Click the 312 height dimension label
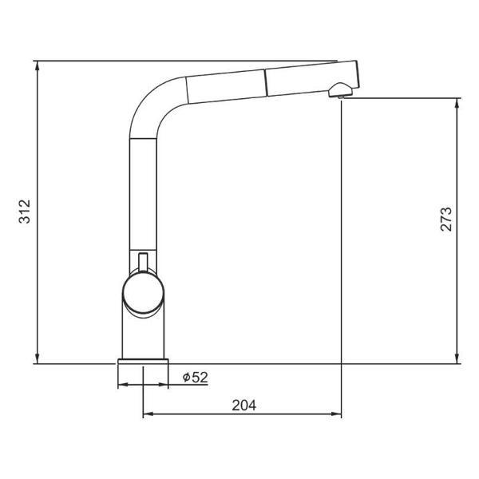(x=25, y=212)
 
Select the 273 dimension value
(x=445, y=219)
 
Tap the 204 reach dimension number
(x=243, y=406)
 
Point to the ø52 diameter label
(x=196, y=378)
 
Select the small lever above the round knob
(x=143, y=262)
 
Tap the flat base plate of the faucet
(x=143, y=362)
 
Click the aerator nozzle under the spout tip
(x=341, y=90)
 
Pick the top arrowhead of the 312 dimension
(x=37, y=66)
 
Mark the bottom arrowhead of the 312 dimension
(x=37, y=358)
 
